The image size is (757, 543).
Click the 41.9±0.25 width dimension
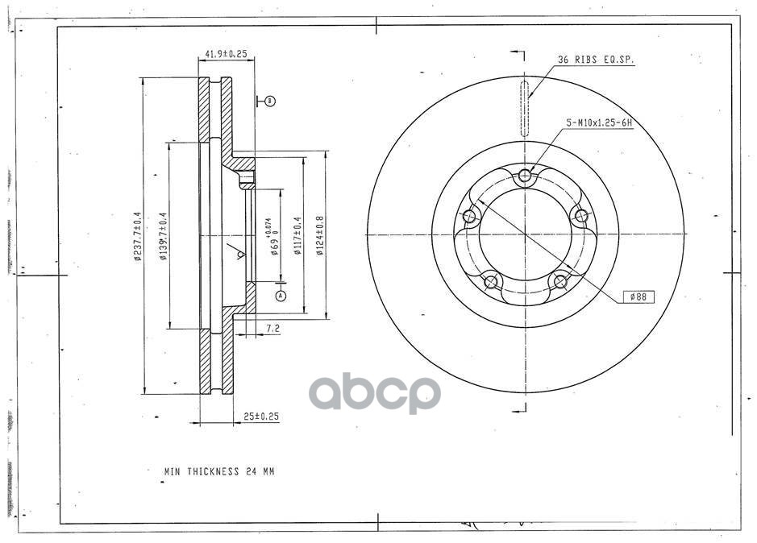tap(226, 54)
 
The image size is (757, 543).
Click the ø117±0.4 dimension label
tap(297, 236)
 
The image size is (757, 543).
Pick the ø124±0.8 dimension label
tap(320, 236)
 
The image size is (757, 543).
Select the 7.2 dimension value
tap(272, 329)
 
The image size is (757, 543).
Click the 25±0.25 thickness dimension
tap(260, 417)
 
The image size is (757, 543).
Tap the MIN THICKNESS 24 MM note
tap(219, 471)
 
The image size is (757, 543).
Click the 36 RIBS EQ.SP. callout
tap(596, 60)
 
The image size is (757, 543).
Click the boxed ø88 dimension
tap(639, 297)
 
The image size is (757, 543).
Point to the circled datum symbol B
tap(270, 101)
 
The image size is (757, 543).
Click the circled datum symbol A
tap(281, 296)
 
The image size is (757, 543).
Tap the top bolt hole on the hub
tap(526, 176)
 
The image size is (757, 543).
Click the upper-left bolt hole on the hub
tap(468, 216)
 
